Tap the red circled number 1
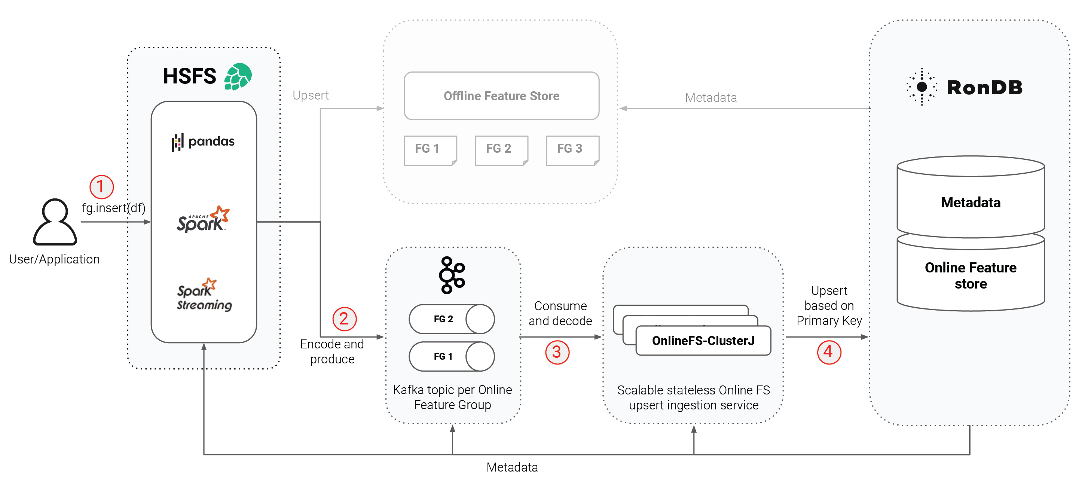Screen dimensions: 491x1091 pos(101,187)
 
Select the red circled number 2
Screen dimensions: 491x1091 pos(344,319)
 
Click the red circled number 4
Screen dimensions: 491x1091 pos(829,352)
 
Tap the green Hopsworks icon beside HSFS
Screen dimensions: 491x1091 pos(238,77)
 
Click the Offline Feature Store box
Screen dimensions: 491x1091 pos(501,96)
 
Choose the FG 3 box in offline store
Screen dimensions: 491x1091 pos(572,150)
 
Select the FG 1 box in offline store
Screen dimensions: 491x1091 pos(430,150)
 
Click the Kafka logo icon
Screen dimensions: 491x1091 pos(452,275)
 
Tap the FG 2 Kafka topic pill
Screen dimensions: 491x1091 pos(452,319)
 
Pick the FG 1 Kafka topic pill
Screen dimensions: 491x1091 pos(452,356)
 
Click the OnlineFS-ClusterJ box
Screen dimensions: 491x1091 pos(703,341)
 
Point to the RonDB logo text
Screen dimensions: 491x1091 pos(984,88)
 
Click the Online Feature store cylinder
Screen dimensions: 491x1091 pos(970,275)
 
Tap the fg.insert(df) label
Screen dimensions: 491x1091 pos(113,208)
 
